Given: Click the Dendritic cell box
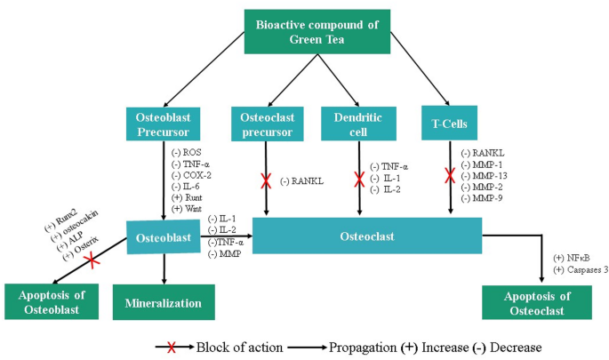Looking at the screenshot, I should (x=358, y=123).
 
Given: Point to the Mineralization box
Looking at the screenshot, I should (x=163, y=302).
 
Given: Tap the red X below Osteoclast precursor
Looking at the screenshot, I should (x=265, y=181).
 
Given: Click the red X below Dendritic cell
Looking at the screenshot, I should (x=359, y=178).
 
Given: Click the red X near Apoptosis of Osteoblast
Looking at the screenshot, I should (x=90, y=261).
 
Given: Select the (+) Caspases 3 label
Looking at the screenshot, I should (x=580, y=269).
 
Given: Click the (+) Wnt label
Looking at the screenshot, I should (x=188, y=207).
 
